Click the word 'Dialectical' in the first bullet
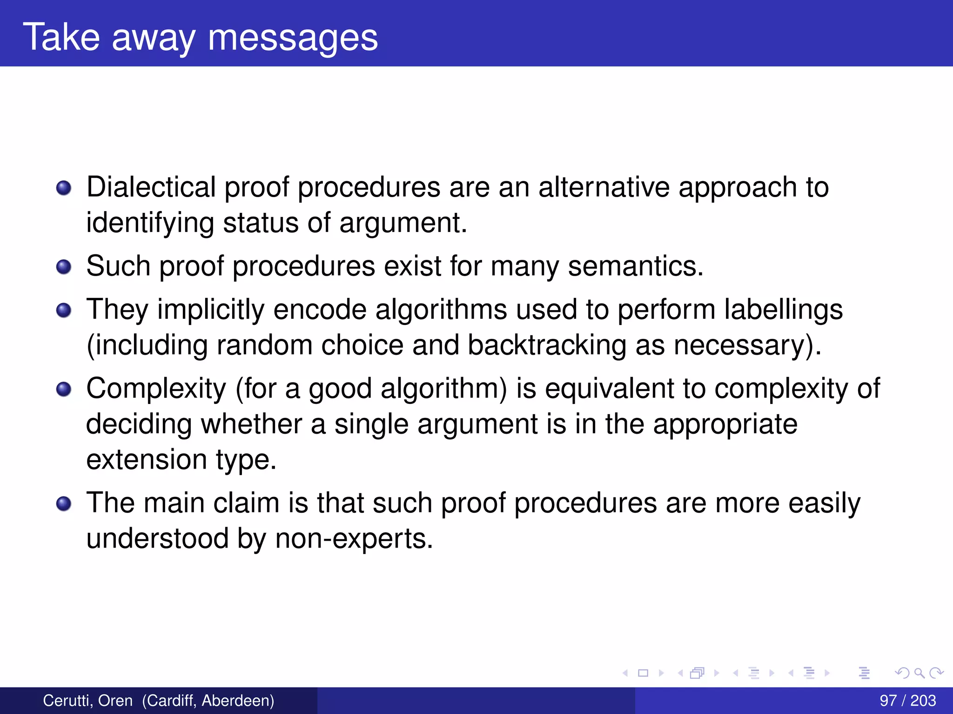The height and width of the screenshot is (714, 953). [x=151, y=187]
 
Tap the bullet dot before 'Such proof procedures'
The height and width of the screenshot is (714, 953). [x=64, y=267]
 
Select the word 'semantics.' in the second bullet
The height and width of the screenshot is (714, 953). [x=636, y=266]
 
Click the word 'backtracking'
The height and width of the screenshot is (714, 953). [x=547, y=345]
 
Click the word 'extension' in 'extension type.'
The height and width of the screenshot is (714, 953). [x=147, y=460]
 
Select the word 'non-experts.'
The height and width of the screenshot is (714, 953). [x=354, y=539]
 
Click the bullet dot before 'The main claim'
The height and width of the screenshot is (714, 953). [x=64, y=503]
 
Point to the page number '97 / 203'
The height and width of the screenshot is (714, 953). [x=907, y=701]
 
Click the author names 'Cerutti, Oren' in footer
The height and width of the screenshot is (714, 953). [x=88, y=701]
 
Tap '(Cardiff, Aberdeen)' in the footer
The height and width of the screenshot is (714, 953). [x=208, y=701]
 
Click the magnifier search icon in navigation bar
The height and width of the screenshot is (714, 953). [x=919, y=673]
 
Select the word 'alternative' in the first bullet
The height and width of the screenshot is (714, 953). [x=604, y=187]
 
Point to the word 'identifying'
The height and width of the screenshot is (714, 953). [x=150, y=223]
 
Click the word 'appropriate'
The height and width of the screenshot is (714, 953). [x=725, y=424]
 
